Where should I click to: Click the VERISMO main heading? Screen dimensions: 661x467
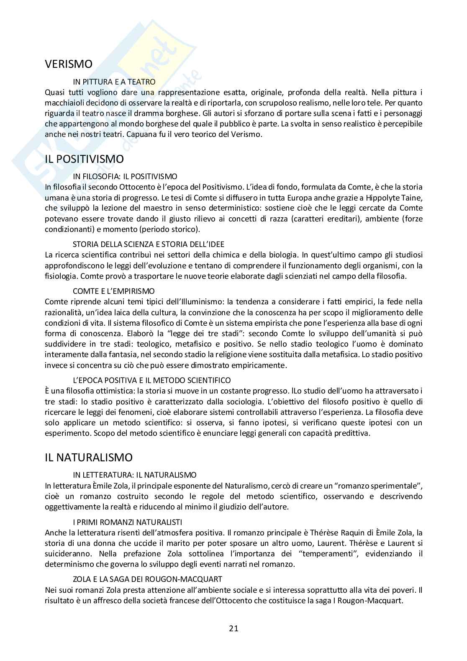point(69,64)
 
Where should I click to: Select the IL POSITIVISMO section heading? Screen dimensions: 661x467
point(85,159)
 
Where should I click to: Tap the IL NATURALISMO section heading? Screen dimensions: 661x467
point(89,458)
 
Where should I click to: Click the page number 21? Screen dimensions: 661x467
point(233,628)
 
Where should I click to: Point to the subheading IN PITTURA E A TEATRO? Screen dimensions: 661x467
point(114,82)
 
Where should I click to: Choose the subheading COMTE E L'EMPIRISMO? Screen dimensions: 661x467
point(113,291)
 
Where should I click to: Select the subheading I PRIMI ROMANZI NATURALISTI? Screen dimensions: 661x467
point(127,522)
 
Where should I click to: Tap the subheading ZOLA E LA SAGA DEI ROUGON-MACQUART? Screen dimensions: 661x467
point(147,579)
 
